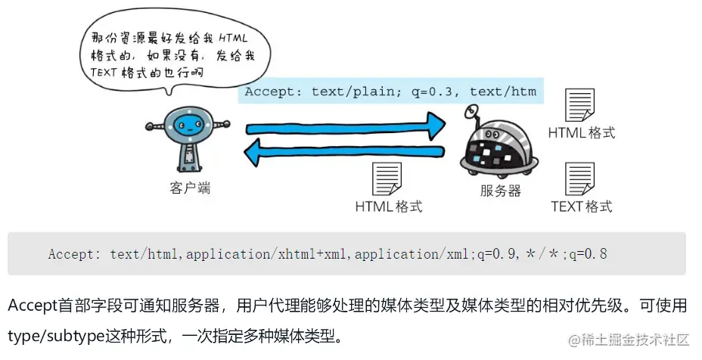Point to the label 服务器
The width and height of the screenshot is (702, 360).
tap(500, 191)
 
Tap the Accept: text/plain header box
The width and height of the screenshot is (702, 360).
tap(390, 92)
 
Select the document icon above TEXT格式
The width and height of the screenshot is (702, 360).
tap(580, 178)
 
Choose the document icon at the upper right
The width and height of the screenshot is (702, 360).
tap(580, 105)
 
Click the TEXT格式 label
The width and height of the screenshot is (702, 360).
tap(581, 206)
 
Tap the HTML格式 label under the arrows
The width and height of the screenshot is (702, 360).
tap(388, 206)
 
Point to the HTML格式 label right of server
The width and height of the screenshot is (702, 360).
tap(581, 133)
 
